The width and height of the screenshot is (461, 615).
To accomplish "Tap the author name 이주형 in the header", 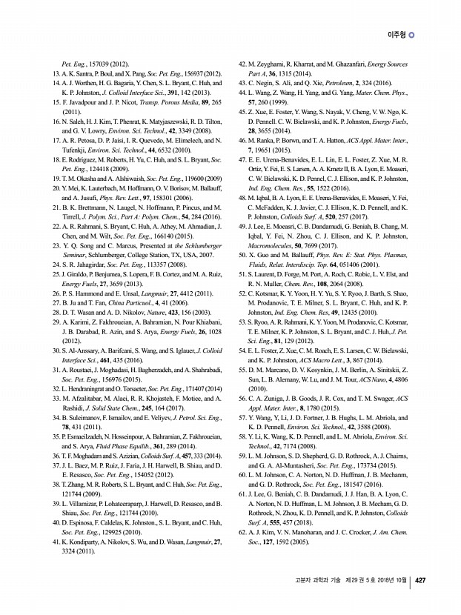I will tap(397, 34).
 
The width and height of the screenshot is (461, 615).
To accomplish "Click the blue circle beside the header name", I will tap(412, 34).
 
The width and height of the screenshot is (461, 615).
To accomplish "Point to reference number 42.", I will tap(242, 64).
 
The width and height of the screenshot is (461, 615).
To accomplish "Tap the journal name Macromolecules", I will tap(276, 233).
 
